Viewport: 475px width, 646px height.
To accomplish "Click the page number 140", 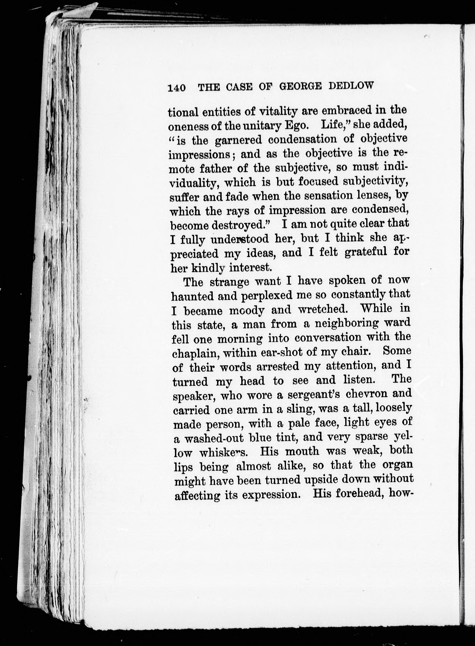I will (x=177, y=88).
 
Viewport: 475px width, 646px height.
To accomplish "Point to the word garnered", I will (x=238, y=140).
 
